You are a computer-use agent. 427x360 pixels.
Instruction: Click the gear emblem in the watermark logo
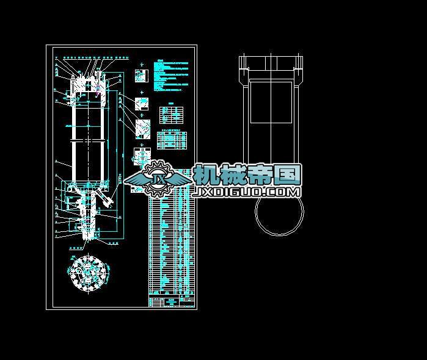(158, 178)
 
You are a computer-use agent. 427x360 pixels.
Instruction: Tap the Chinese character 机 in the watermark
(207, 176)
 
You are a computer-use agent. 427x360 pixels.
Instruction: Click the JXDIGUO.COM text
(247, 192)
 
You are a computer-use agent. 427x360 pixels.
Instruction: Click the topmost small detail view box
(141, 76)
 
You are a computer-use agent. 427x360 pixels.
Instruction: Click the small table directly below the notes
(172, 114)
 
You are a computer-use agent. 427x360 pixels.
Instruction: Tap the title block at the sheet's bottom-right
(172, 301)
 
